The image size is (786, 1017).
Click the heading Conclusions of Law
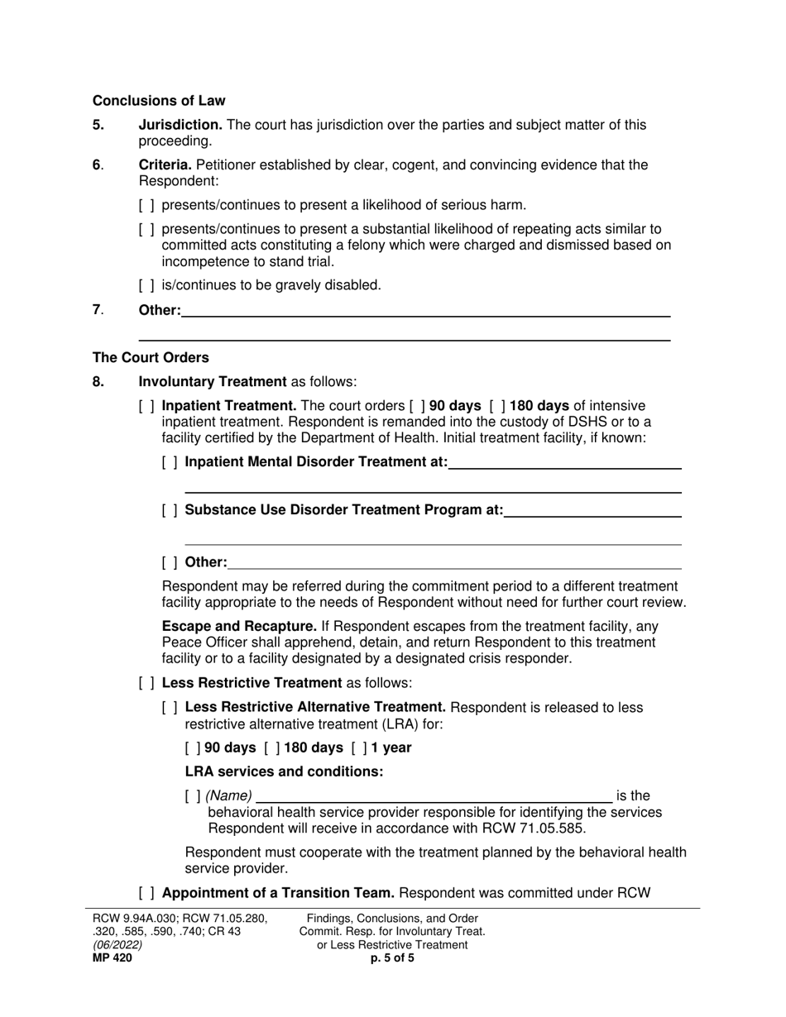(159, 101)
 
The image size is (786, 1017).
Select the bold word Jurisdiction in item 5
(180, 125)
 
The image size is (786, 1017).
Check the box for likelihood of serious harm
(146, 205)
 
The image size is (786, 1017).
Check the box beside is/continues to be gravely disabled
(146, 285)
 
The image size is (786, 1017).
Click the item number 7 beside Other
(97, 310)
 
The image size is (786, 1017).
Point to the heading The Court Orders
(151, 358)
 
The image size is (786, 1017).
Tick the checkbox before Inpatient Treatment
(146, 406)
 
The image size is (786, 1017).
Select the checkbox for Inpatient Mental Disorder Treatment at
(170, 462)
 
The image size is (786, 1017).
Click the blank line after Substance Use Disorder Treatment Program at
(592, 511)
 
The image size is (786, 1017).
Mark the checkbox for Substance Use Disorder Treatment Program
(170, 510)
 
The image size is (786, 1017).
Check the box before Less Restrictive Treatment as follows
(146, 683)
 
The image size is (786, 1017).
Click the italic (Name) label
(228, 796)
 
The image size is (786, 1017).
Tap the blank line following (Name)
(434, 797)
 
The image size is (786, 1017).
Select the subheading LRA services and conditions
(284, 772)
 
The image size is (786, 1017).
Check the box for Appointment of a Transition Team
(146, 893)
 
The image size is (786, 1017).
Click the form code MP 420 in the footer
(112, 958)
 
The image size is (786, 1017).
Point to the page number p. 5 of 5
(392, 958)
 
